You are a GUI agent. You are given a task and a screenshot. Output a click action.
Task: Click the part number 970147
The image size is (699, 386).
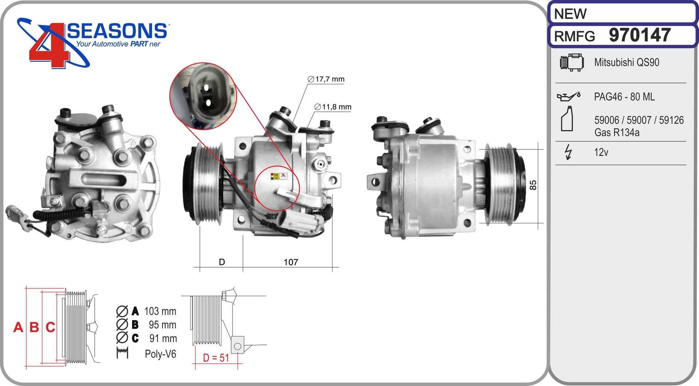[640, 35]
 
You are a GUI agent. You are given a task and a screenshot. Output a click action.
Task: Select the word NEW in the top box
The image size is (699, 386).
[570, 14]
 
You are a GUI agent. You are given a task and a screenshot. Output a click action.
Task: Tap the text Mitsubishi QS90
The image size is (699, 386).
[627, 62]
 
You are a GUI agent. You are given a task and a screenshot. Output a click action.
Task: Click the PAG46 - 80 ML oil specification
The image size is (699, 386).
[624, 96]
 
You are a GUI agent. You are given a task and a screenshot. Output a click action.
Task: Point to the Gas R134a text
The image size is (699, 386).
[617, 132]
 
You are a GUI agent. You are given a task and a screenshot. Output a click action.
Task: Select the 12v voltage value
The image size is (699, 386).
[601, 152]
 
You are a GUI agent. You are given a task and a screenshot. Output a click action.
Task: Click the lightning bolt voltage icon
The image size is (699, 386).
[568, 152]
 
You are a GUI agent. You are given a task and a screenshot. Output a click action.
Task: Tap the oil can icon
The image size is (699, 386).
[568, 96]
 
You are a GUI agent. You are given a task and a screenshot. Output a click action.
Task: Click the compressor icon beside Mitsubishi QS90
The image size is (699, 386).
[572, 62]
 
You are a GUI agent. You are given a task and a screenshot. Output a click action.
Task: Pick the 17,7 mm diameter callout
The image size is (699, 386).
[326, 79]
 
